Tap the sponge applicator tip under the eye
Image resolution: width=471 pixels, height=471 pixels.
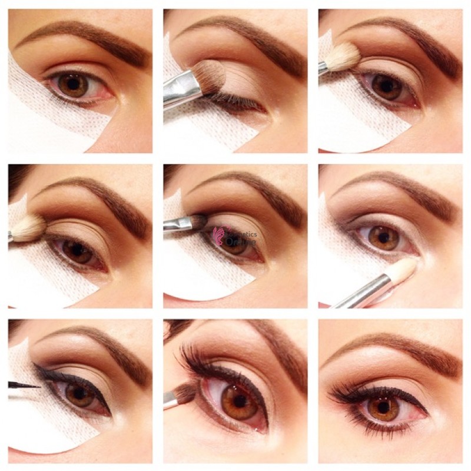point(403,269)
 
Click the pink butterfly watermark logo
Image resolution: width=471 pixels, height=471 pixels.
point(219,234)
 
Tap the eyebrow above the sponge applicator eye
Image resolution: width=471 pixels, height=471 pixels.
point(394,188)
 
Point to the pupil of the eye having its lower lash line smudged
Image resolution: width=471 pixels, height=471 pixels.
point(238,401)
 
